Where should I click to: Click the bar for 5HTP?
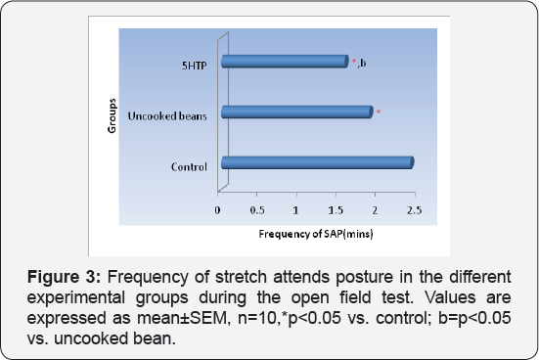click(284, 63)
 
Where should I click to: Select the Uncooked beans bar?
click(296, 112)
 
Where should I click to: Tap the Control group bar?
click(317, 163)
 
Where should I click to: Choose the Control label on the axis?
click(189, 166)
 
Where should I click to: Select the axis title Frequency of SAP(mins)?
click(315, 235)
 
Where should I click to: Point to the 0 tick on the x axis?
click(219, 209)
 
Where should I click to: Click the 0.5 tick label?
click(257, 209)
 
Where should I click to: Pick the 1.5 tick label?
click(336, 209)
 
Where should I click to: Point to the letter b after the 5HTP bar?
click(363, 65)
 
